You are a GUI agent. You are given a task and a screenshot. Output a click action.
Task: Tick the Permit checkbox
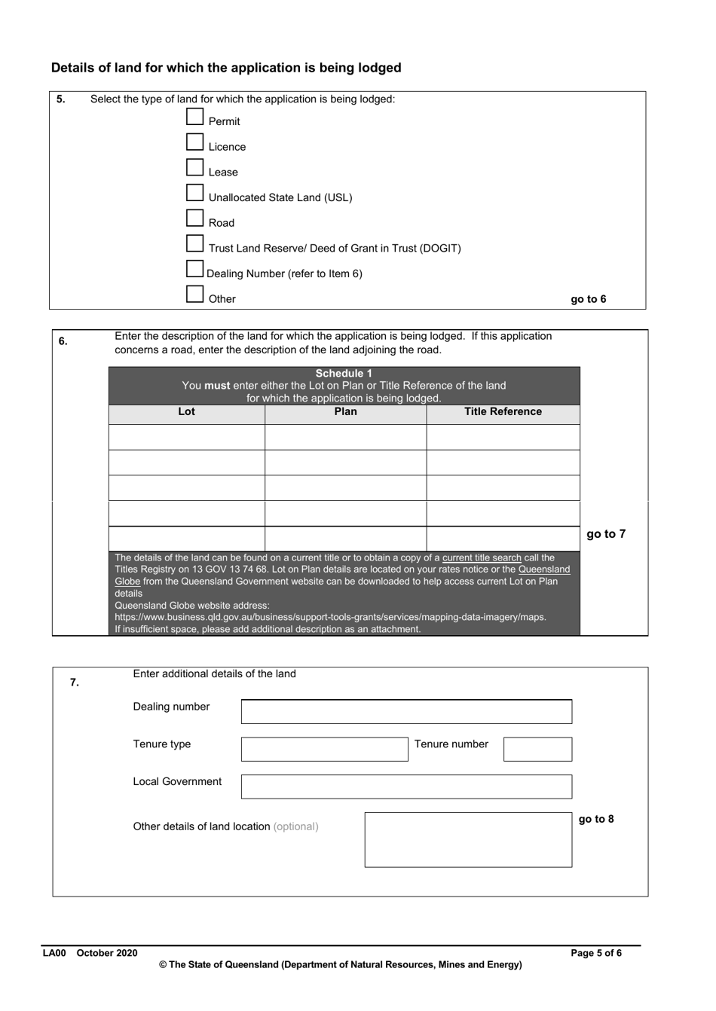(x=194, y=117)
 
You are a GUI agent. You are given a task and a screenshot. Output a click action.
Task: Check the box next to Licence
(x=194, y=142)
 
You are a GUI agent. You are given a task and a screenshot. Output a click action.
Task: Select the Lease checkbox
(x=194, y=168)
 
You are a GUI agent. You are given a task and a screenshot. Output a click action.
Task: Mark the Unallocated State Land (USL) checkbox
(x=194, y=194)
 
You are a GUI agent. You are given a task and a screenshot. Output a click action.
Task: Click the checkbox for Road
(x=194, y=218)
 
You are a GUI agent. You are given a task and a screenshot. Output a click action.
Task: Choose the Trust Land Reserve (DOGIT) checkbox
(x=194, y=244)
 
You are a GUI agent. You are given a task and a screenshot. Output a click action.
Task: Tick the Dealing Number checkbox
(x=194, y=269)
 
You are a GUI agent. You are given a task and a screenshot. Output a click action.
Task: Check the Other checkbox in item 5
(x=194, y=295)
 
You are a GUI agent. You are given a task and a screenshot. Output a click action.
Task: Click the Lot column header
(x=186, y=412)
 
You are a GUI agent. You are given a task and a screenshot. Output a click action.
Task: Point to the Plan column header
(x=345, y=412)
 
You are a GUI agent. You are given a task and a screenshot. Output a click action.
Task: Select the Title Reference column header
(x=503, y=412)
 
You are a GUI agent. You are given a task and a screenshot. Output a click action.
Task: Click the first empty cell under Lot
(x=186, y=437)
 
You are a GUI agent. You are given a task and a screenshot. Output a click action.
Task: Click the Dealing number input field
(x=406, y=712)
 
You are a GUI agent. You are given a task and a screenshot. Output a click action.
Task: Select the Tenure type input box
(x=324, y=749)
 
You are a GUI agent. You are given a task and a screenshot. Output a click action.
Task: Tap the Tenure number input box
(x=537, y=749)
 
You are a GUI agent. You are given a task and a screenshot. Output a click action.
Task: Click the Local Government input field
(x=406, y=787)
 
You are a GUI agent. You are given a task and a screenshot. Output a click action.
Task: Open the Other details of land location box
(x=468, y=839)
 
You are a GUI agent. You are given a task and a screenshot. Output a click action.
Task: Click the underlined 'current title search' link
(x=482, y=558)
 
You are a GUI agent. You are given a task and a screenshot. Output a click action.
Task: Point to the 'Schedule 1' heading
(x=344, y=374)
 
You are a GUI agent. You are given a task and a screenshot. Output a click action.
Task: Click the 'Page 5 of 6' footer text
(x=596, y=953)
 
